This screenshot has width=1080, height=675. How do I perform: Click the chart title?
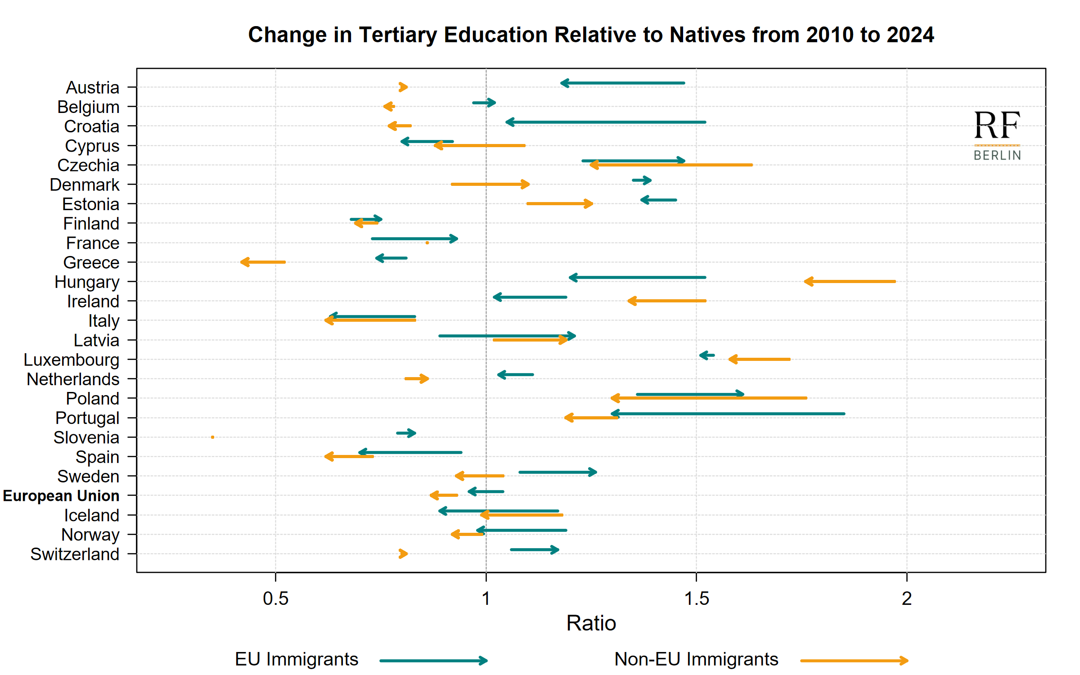point(591,35)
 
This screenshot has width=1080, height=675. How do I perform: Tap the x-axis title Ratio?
point(591,623)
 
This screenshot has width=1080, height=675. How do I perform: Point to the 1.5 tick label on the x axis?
point(696,598)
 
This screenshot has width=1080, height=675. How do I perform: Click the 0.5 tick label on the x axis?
point(275,598)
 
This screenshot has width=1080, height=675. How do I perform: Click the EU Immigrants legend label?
point(297,659)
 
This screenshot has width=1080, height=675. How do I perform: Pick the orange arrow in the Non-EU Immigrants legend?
point(854,661)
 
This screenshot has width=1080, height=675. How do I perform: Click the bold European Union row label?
point(61,495)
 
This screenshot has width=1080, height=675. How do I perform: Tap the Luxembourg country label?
point(72,360)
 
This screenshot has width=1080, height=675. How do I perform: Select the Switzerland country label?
point(75,554)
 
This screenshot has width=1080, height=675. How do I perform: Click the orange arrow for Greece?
point(263,262)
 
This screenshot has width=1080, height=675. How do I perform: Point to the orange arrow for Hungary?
point(850,282)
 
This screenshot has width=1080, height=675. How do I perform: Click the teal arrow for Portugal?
point(728,414)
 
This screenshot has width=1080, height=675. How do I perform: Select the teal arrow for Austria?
point(623,83)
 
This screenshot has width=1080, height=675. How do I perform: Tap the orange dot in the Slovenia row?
point(212,437)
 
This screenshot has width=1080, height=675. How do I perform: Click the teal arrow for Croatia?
point(606,122)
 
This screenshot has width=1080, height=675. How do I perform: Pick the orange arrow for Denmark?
point(490,184)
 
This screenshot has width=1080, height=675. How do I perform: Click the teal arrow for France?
point(414,238)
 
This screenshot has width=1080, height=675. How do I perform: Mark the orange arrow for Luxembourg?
point(760,359)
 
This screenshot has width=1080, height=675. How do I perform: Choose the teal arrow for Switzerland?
point(535,549)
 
